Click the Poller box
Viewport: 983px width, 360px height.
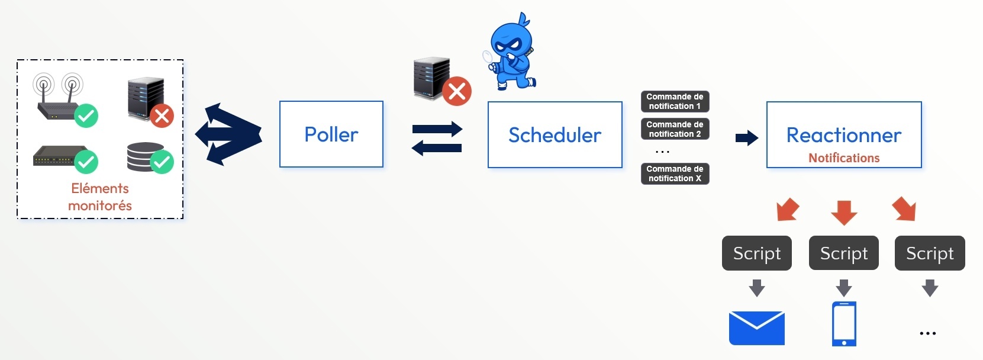click(x=331, y=134)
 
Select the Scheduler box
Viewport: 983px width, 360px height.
click(x=555, y=135)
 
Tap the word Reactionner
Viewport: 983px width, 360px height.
click(x=843, y=135)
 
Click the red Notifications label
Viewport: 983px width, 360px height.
click(x=844, y=158)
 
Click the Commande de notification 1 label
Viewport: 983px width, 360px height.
click(x=675, y=101)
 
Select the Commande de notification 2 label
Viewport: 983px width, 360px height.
click(x=675, y=129)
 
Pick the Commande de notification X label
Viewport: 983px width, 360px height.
click(x=675, y=173)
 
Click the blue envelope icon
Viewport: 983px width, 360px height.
click(x=756, y=327)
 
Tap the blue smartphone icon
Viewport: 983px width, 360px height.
click(x=844, y=324)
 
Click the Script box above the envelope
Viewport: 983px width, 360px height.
click(x=756, y=253)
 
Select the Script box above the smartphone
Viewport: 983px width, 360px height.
click(x=843, y=253)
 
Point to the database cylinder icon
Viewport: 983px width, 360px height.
click(x=145, y=157)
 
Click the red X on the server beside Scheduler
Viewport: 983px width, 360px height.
click(x=457, y=91)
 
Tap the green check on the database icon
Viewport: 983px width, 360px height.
click(x=162, y=162)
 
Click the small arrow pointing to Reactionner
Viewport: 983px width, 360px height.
click(x=746, y=138)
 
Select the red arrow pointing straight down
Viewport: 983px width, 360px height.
click(x=844, y=212)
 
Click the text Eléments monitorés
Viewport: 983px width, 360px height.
click(x=100, y=197)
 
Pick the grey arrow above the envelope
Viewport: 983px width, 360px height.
click(x=756, y=288)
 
